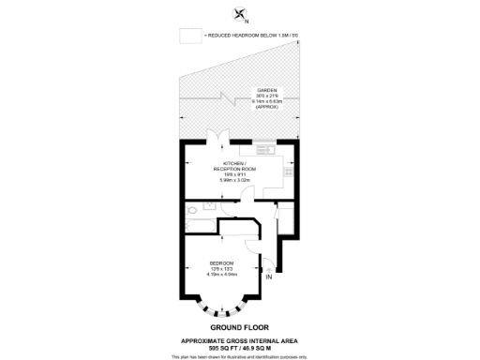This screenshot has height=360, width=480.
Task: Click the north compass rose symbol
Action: tap(240, 13)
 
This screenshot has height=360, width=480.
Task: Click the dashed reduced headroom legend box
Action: tap(191, 35)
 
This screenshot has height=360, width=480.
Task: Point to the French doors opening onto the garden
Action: tap(218, 138)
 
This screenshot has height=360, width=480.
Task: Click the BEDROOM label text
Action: tap(221, 262)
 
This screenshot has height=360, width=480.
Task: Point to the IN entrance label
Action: tap(268, 277)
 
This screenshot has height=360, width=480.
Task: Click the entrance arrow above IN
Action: tap(268, 267)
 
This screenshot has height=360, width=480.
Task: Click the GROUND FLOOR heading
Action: tap(240, 325)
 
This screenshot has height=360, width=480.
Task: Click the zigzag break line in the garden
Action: tap(226, 97)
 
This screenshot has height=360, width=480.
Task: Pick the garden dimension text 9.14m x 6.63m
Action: tap(267, 101)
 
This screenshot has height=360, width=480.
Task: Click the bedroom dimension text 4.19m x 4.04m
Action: tap(221, 274)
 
